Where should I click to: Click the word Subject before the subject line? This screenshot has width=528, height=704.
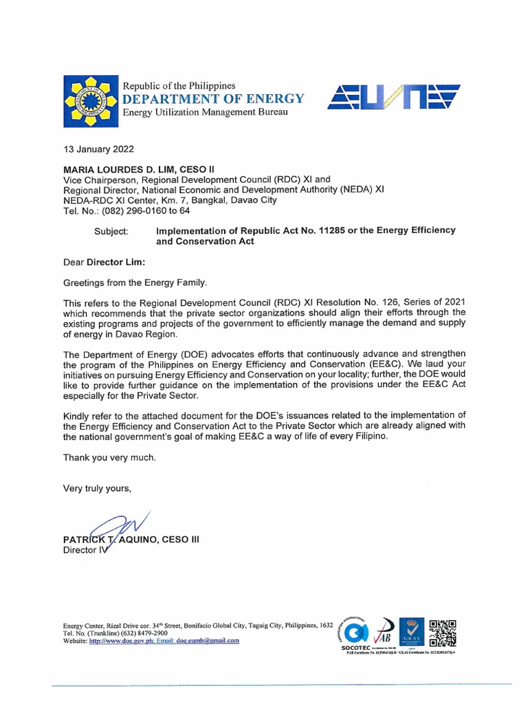(x=111, y=232)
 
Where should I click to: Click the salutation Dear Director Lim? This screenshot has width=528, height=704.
(x=105, y=262)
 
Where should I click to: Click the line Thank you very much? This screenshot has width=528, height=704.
(x=109, y=457)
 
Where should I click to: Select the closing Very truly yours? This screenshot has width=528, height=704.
(x=96, y=488)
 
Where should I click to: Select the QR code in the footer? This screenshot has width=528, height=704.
(x=441, y=632)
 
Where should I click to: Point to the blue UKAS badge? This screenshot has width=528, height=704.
(x=410, y=633)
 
